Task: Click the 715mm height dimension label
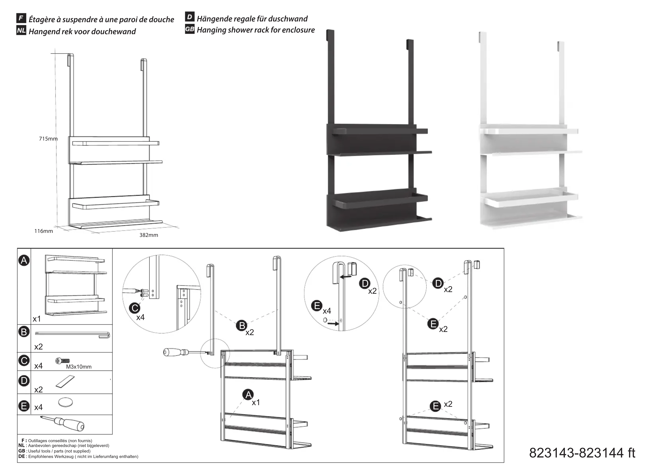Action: point(48,139)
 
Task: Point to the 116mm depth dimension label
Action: point(44,231)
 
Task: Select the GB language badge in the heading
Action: point(190,29)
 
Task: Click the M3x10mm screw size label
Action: point(79,367)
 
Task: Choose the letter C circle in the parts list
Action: point(24,361)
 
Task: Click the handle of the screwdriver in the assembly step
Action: point(172,352)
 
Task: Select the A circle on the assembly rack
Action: point(248,395)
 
